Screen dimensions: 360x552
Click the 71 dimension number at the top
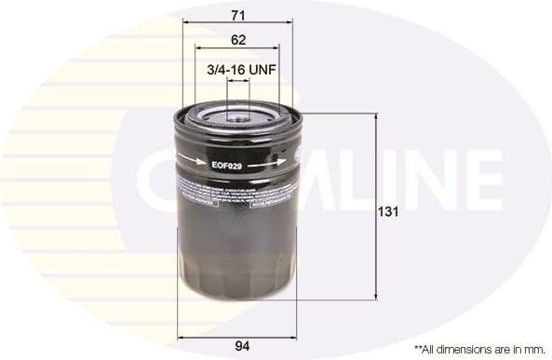(238, 14)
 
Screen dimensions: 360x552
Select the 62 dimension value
(238, 40)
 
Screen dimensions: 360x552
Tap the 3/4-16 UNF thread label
(238, 69)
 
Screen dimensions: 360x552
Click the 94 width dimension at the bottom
(242, 347)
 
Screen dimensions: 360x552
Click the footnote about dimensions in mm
(478, 348)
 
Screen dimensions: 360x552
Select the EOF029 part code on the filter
(226, 166)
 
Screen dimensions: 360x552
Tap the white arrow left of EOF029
(194, 161)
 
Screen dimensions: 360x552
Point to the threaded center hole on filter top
(238, 116)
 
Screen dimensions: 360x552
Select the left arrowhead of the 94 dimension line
(181, 336)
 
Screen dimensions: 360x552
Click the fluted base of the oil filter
(238, 279)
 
